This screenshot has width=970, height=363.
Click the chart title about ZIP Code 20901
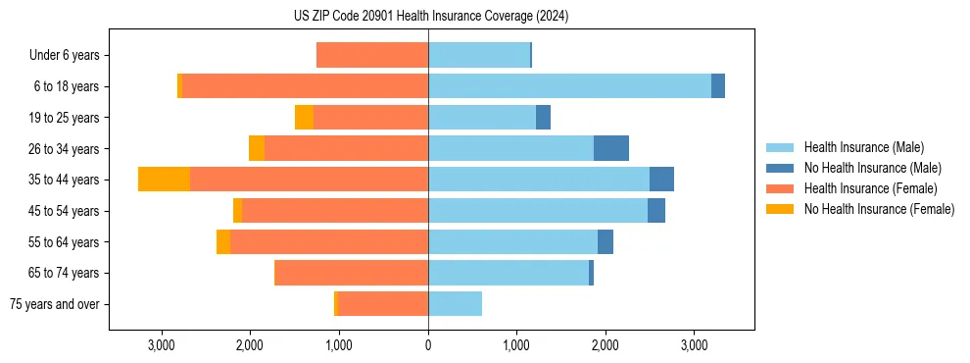tap(431, 17)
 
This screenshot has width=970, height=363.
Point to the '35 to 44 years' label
tap(66, 180)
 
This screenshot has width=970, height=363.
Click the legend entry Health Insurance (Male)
tap(863, 147)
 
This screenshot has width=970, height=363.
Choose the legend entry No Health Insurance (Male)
tap(872, 168)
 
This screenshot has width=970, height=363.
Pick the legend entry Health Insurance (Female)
tap(870, 188)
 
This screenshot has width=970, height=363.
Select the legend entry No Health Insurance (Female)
tap(879, 209)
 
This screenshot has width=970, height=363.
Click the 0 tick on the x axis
tap(428, 346)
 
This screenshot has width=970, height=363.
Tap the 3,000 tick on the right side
tap(694, 346)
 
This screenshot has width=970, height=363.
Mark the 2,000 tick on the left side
tap(250, 346)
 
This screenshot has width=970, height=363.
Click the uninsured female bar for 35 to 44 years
tap(164, 180)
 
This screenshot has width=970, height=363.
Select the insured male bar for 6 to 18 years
tap(569, 86)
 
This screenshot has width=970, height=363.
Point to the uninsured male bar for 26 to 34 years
tap(611, 148)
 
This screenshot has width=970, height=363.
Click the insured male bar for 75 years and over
tap(455, 304)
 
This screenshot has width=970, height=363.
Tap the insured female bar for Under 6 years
tap(372, 56)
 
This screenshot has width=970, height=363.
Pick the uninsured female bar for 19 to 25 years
tap(304, 118)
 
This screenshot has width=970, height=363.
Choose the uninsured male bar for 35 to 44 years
tap(661, 180)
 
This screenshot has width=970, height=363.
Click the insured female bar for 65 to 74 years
tap(352, 273)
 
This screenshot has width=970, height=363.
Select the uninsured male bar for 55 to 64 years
tap(606, 241)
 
